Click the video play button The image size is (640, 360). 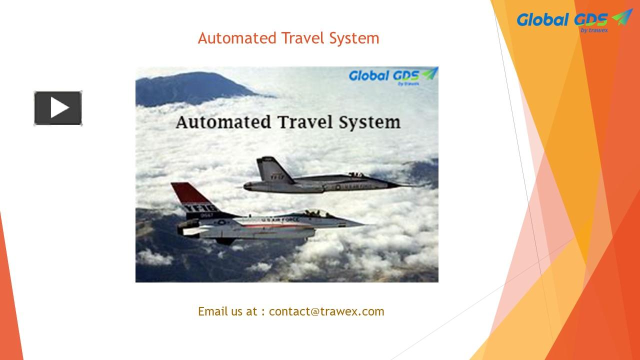tap(58, 108)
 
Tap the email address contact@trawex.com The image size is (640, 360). tap(326, 311)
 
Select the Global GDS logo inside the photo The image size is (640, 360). tap(392, 75)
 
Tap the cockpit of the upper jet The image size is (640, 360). tap(356, 174)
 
